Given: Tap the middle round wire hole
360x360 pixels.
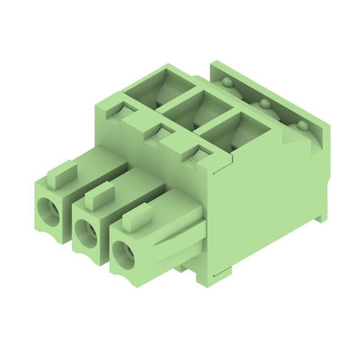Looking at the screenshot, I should [x=86, y=229].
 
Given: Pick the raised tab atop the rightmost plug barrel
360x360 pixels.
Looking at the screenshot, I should [x=136, y=216].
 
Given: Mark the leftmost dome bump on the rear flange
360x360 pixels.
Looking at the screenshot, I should [x=228, y=82].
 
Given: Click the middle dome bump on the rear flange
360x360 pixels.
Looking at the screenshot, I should [x=264, y=104].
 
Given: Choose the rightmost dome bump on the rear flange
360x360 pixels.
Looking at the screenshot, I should [x=301, y=126].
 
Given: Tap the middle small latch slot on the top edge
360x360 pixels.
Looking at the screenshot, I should [x=161, y=131].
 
